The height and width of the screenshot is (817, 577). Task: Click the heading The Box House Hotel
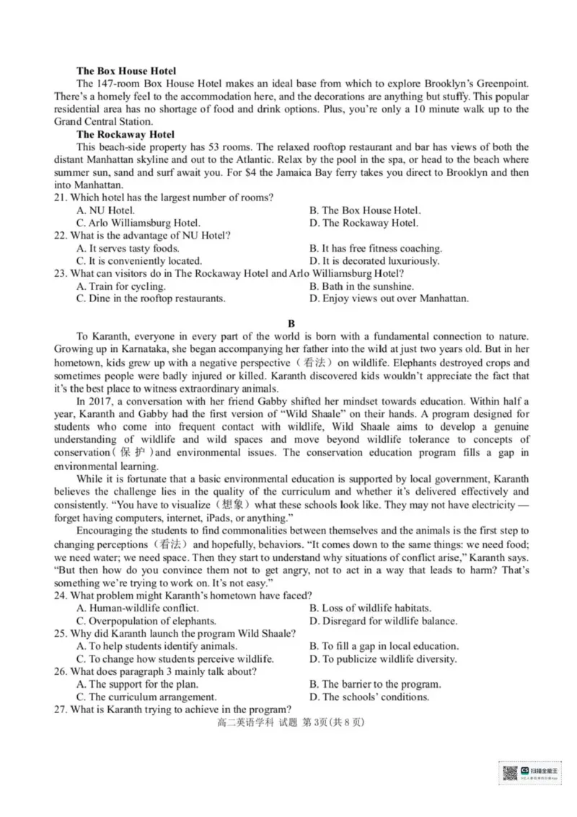click(126, 71)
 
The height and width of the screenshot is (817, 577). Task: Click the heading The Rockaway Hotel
click(125, 134)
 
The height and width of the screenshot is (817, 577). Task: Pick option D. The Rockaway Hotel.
click(364, 223)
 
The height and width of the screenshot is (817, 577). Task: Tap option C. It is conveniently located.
click(139, 261)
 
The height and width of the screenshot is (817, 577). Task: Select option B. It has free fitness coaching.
click(376, 248)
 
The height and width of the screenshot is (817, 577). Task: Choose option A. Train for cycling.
click(120, 286)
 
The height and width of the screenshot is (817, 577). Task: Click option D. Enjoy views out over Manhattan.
click(389, 299)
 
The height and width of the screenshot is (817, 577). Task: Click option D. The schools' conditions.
click(369, 697)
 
